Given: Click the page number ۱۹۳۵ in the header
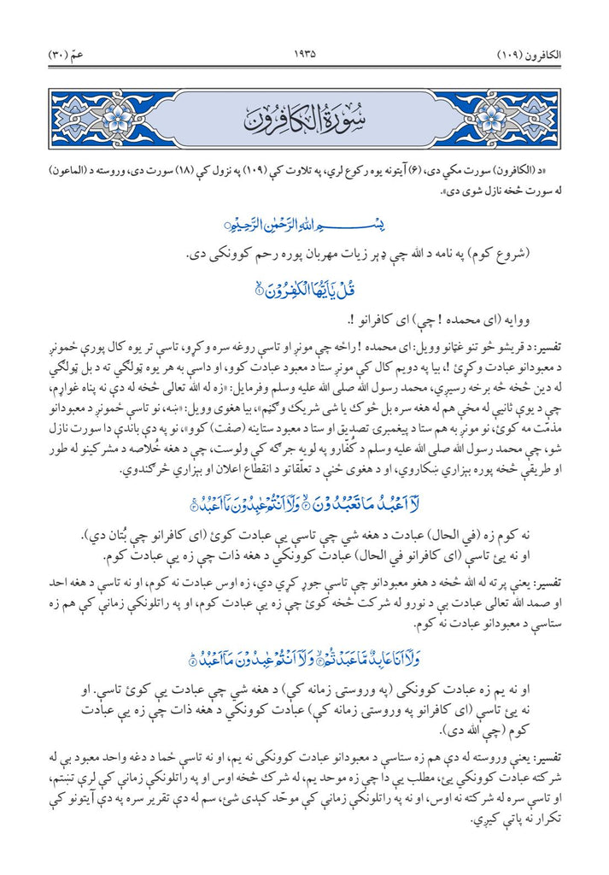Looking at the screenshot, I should click(x=304, y=53).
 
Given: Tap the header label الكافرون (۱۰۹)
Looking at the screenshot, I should click(x=528, y=53).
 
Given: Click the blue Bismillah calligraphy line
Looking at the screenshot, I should click(x=304, y=224).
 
